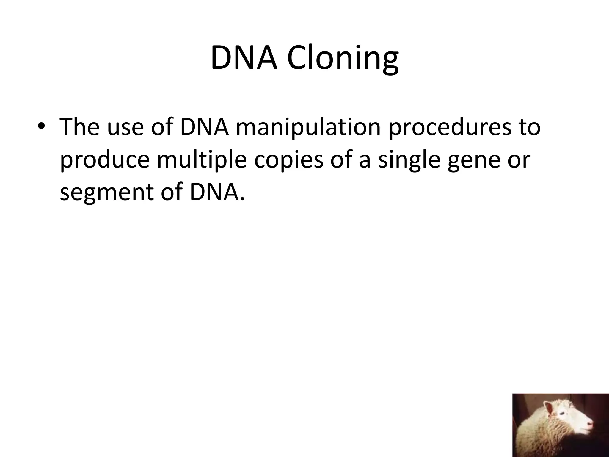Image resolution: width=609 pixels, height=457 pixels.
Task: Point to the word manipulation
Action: [x=308, y=127]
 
